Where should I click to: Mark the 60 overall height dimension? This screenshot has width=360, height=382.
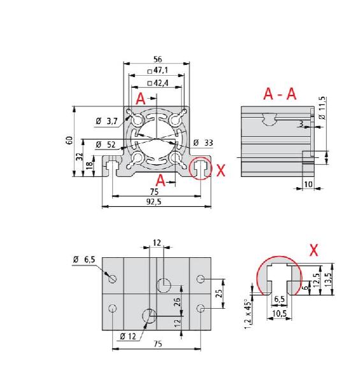pos(69,139)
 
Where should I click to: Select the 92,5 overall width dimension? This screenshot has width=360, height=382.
pos(157,202)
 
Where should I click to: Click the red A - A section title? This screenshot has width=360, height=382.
pos(280,94)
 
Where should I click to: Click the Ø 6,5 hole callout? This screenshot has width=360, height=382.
pos(83,259)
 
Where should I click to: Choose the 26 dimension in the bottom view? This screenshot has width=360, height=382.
pos(178,300)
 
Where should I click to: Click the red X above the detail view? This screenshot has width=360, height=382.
pos(313,250)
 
